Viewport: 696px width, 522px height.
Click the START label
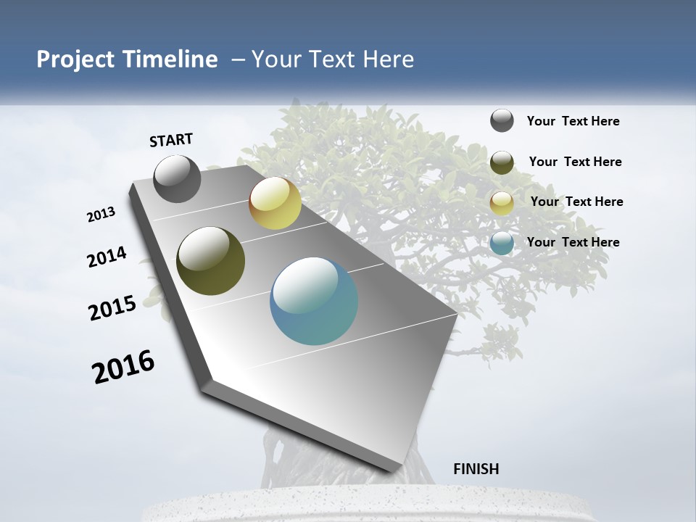(x=171, y=140)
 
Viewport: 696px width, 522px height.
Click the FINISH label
(x=476, y=469)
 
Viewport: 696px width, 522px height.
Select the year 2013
(x=101, y=215)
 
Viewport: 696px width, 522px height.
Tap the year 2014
(x=107, y=257)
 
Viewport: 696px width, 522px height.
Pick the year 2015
(x=112, y=308)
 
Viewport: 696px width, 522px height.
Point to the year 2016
(x=123, y=366)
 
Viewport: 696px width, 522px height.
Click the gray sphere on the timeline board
(x=177, y=179)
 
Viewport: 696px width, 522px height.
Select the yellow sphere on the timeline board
(x=275, y=203)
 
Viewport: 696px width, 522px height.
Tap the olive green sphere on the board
(x=210, y=261)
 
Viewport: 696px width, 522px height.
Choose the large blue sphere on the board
(x=314, y=301)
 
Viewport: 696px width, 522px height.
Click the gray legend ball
(x=502, y=120)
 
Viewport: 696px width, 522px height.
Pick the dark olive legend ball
(x=502, y=162)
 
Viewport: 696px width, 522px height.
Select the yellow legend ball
(x=502, y=203)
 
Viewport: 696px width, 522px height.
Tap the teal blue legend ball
(x=502, y=244)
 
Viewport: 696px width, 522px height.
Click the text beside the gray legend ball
(x=573, y=122)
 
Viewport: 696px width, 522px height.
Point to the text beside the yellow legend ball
(x=576, y=202)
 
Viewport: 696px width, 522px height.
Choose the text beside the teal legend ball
(x=573, y=242)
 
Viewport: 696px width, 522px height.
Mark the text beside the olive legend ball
(x=575, y=162)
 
